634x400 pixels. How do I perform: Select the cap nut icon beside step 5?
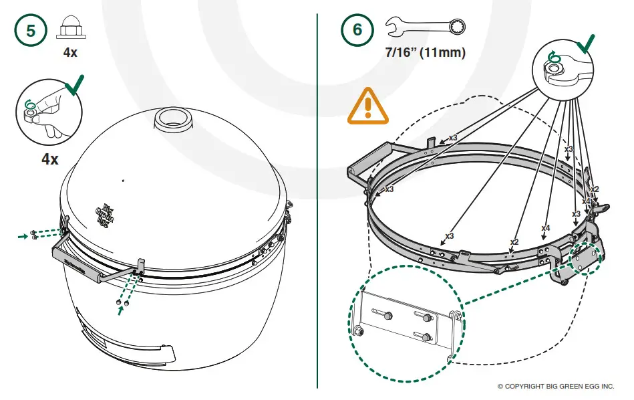[x=70, y=28]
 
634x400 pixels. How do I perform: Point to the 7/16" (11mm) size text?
[x=426, y=52]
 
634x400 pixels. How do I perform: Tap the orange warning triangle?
[x=367, y=107]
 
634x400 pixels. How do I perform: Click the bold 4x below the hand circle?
[x=49, y=159]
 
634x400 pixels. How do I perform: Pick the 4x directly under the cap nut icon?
[x=70, y=52]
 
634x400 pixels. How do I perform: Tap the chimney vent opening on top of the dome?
[x=172, y=118]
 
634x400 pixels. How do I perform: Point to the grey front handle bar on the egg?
[x=87, y=262]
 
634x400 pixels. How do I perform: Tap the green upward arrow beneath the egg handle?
[x=120, y=311]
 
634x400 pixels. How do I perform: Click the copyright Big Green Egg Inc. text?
[x=555, y=387]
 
